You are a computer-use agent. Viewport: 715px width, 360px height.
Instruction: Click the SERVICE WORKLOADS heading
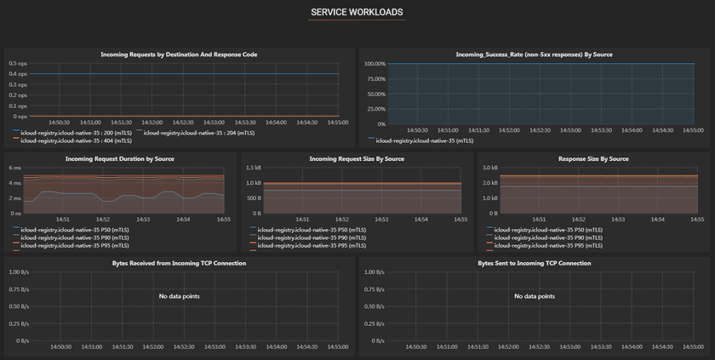coord(357,12)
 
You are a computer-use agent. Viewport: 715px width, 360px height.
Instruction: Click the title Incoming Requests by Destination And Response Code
coord(179,54)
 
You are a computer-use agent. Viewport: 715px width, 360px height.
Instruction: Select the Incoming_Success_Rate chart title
coord(534,54)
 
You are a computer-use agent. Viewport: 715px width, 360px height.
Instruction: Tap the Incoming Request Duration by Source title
coord(120,159)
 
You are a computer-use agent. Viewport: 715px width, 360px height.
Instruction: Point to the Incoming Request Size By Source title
coord(357,159)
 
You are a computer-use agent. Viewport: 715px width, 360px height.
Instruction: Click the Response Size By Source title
coord(593,159)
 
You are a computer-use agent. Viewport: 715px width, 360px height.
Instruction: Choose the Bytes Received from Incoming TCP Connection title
coord(179,263)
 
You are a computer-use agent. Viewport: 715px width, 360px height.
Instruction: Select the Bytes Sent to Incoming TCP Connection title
coord(534,263)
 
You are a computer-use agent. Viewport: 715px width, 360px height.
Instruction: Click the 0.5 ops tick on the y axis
coord(18,63)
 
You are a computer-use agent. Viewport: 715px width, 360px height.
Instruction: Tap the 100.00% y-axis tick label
coord(375,63)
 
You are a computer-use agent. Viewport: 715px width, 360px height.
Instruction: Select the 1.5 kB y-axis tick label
coord(254,168)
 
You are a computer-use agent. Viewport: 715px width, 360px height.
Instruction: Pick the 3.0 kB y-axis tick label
coord(490,168)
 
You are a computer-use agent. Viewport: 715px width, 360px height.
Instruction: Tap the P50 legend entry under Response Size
coord(545,230)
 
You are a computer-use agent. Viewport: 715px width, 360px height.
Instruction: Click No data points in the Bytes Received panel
coord(179,296)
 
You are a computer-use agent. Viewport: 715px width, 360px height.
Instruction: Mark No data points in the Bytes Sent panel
coord(534,296)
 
